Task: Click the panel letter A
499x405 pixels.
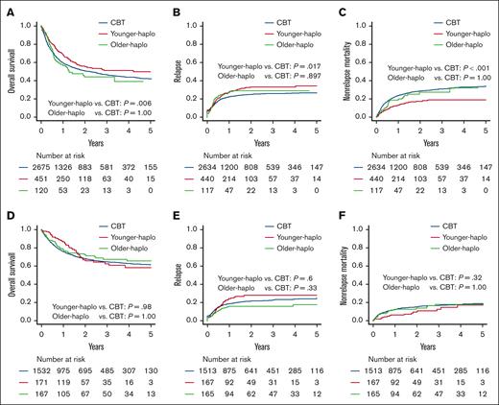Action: pyautogui.click(x=7, y=7)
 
